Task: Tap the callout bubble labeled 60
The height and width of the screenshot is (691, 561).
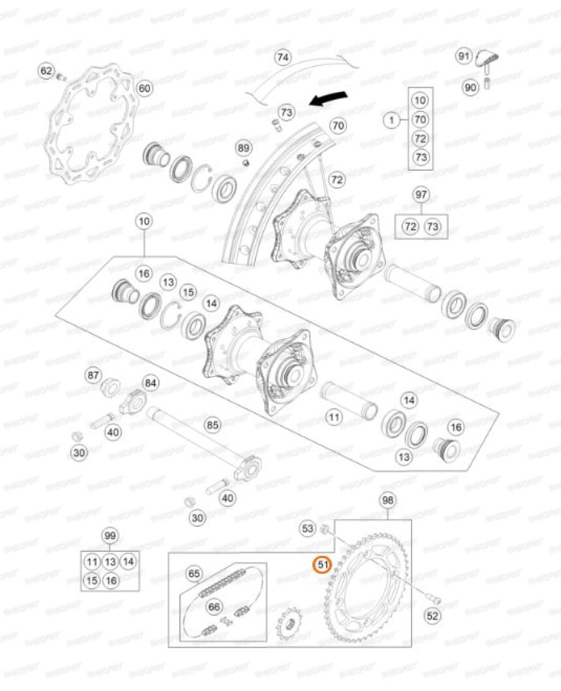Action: pos(144,88)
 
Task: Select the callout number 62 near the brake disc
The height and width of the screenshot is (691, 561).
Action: pos(47,72)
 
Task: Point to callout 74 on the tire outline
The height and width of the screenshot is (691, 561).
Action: pos(283,58)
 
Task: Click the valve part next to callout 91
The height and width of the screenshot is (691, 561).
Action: pos(486,60)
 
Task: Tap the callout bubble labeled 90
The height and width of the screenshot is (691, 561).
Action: pos(470,88)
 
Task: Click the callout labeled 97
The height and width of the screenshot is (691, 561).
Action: pos(421,195)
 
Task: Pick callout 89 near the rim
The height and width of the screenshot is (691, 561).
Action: pos(244,148)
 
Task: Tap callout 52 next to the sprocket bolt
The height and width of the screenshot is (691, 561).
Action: pos(433,616)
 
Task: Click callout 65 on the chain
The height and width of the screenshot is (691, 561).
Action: pos(194,573)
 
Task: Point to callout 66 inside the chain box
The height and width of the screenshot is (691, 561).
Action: pos(214,606)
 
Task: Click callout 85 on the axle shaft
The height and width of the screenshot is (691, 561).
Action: pos(213,426)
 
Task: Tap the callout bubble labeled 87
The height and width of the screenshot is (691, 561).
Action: pos(93,375)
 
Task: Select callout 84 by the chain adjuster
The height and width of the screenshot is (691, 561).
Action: pos(150,382)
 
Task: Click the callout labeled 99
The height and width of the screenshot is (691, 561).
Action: pos(110,536)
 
